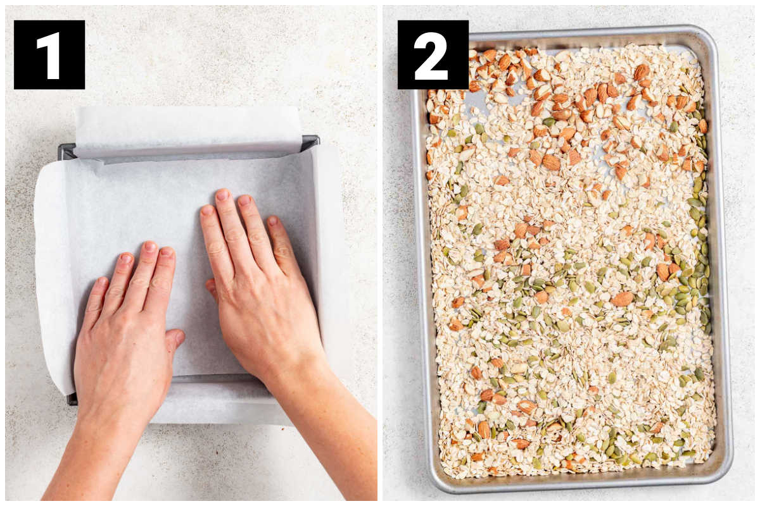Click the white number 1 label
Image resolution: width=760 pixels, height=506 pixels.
49,55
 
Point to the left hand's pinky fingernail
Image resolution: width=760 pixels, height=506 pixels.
101,282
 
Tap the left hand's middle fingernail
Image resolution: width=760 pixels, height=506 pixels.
150,246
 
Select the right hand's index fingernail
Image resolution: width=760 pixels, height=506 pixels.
207,211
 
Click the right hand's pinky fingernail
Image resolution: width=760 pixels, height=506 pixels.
273,221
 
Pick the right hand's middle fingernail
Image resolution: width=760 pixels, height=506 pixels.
223,195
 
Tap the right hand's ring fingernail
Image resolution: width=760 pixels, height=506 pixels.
244,201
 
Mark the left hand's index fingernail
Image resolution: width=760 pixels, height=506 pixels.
167,252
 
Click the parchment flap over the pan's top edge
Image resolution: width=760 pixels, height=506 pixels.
187,130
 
